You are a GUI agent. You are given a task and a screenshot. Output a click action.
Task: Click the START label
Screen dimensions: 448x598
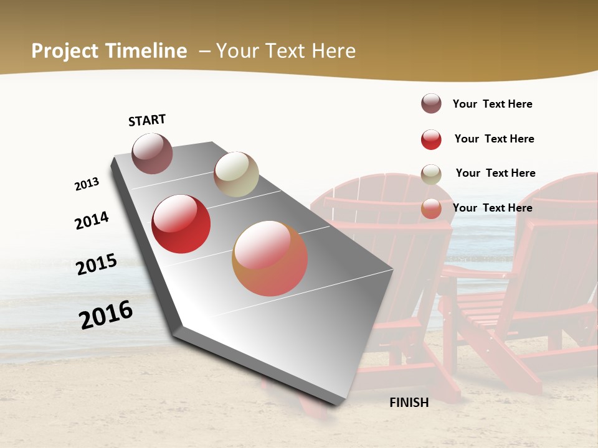pyautogui.click(x=147, y=120)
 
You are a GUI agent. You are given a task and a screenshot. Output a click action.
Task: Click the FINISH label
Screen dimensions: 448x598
pyautogui.click(x=409, y=403)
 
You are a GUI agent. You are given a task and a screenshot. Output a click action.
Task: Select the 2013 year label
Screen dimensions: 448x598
pyautogui.click(x=87, y=184)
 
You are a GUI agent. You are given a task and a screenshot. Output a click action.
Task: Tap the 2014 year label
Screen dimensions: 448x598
pyautogui.click(x=92, y=220)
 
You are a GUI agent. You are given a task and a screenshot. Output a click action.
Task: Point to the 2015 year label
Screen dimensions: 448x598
pyautogui.click(x=97, y=264)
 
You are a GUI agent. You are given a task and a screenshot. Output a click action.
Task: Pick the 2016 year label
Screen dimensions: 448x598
pyautogui.click(x=106, y=315)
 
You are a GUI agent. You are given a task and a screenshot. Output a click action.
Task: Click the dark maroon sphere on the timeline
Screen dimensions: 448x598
pyautogui.click(x=152, y=153)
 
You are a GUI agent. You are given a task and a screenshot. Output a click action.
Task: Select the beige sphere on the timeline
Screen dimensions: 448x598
pyautogui.click(x=236, y=174)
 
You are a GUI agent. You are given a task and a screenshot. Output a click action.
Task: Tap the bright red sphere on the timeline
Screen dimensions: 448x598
pyautogui.click(x=181, y=224)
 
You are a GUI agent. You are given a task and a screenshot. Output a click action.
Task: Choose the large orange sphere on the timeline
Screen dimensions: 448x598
pyautogui.click(x=270, y=258)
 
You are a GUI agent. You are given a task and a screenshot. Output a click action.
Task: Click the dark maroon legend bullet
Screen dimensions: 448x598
pyautogui.click(x=431, y=104)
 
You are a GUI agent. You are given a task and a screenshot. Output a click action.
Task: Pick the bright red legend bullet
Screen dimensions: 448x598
pyautogui.click(x=431, y=139)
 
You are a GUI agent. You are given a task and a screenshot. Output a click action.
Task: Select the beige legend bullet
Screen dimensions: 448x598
pyautogui.click(x=431, y=174)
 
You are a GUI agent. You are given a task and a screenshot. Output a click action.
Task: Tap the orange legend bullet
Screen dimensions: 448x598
pyautogui.click(x=431, y=208)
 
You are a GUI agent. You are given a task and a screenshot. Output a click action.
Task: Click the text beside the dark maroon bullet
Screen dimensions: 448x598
pyautogui.click(x=492, y=104)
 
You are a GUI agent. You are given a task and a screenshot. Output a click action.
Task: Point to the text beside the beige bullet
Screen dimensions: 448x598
pyautogui.click(x=495, y=173)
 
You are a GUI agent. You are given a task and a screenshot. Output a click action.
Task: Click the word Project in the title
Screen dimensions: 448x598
pyautogui.click(x=64, y=51)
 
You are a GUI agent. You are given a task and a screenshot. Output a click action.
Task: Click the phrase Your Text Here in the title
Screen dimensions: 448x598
pyautogui.click(x=286, y=51)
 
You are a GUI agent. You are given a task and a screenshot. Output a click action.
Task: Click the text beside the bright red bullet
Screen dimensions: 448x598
pyautogui.click(x=494, y=139)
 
